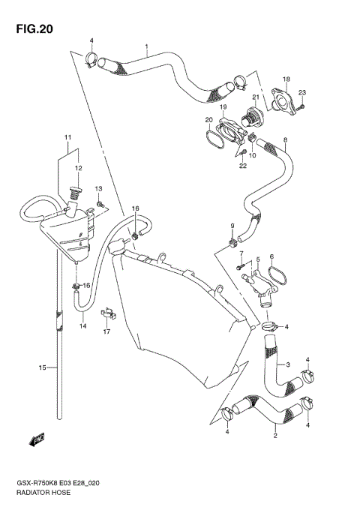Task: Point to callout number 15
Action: click(x=43, y=367)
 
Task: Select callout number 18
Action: click(x=286, y=79)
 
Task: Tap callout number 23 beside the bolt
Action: click(x=302, y=93)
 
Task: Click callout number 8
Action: click(x=285, y=139)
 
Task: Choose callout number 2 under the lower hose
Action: click(x=275, y=436)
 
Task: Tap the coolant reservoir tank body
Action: click(x=67, y=232)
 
